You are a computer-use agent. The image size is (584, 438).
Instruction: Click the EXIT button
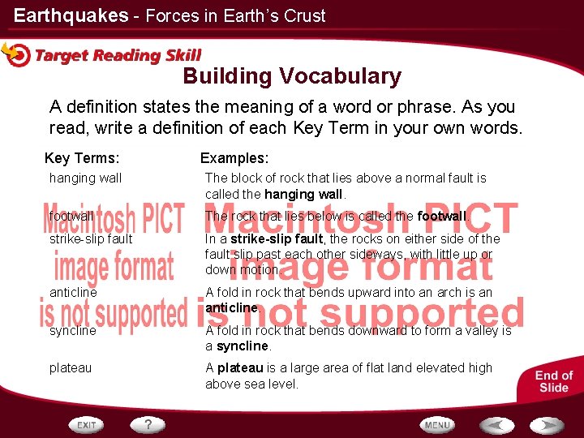point(87,424)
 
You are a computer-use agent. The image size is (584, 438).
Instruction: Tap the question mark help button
point(148,424)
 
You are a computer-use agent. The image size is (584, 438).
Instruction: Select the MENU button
point(437,424)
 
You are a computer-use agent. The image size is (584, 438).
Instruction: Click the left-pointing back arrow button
point(496,424)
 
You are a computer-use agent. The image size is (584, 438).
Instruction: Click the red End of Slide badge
point(554,381)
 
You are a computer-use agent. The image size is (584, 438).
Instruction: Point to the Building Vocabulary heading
point(292,76)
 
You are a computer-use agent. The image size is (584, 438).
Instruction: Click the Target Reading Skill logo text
point(118,55)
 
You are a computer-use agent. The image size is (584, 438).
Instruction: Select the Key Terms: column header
point(82,158)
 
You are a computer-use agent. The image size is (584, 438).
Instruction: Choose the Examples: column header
point(234,158)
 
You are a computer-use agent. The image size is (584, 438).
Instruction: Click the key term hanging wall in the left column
point(85,178)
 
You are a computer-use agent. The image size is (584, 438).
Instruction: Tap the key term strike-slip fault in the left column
point(91,239)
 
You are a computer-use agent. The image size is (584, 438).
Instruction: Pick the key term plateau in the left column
point(71,367)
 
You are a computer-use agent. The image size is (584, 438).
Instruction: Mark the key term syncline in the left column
point(72,331)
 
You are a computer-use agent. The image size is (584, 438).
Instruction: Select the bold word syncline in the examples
point(243,346)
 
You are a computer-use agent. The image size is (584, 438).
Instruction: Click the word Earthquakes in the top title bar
point(71,15)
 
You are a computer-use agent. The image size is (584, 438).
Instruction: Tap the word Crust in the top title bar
point(306,15)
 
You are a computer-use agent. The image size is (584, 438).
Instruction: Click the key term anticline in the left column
point(73,292)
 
